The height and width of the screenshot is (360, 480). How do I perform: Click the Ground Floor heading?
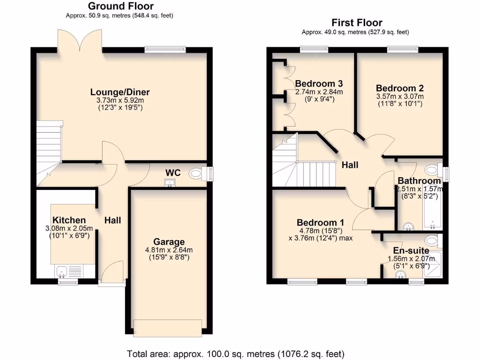tap(120, 6)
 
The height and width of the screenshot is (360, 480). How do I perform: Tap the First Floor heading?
tap(357, 22)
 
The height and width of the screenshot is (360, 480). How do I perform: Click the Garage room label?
tap(169, 242)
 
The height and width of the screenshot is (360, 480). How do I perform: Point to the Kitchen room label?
tap(69, 220)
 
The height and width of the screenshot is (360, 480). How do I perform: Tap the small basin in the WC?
tap(170, 183)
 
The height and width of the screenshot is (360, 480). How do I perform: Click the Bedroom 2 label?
tap(396, 88)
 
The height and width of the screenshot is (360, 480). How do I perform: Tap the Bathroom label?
tap(419, 180)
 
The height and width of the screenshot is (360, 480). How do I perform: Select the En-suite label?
tap(411, 251)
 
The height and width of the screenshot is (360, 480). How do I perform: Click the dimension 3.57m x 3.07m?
tap(400, 97)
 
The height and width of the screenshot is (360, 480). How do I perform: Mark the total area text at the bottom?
tap(236, 353)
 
